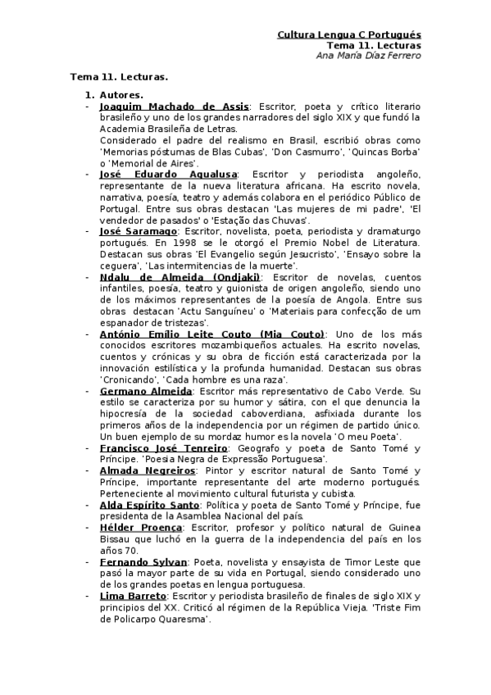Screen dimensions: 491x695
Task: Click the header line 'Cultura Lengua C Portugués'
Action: [x=349, y=35]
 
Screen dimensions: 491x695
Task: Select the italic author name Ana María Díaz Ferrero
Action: [x=368, y=56]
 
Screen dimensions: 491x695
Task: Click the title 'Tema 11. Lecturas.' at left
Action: [x=119, y=76]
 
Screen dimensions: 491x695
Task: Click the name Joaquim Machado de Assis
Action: [x=174, y=107]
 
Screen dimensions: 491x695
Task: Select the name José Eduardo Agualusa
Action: [x=168, y=175]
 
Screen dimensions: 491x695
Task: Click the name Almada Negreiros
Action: [x=148, y=471]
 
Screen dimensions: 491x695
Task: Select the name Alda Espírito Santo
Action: [x=152, y=506]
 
